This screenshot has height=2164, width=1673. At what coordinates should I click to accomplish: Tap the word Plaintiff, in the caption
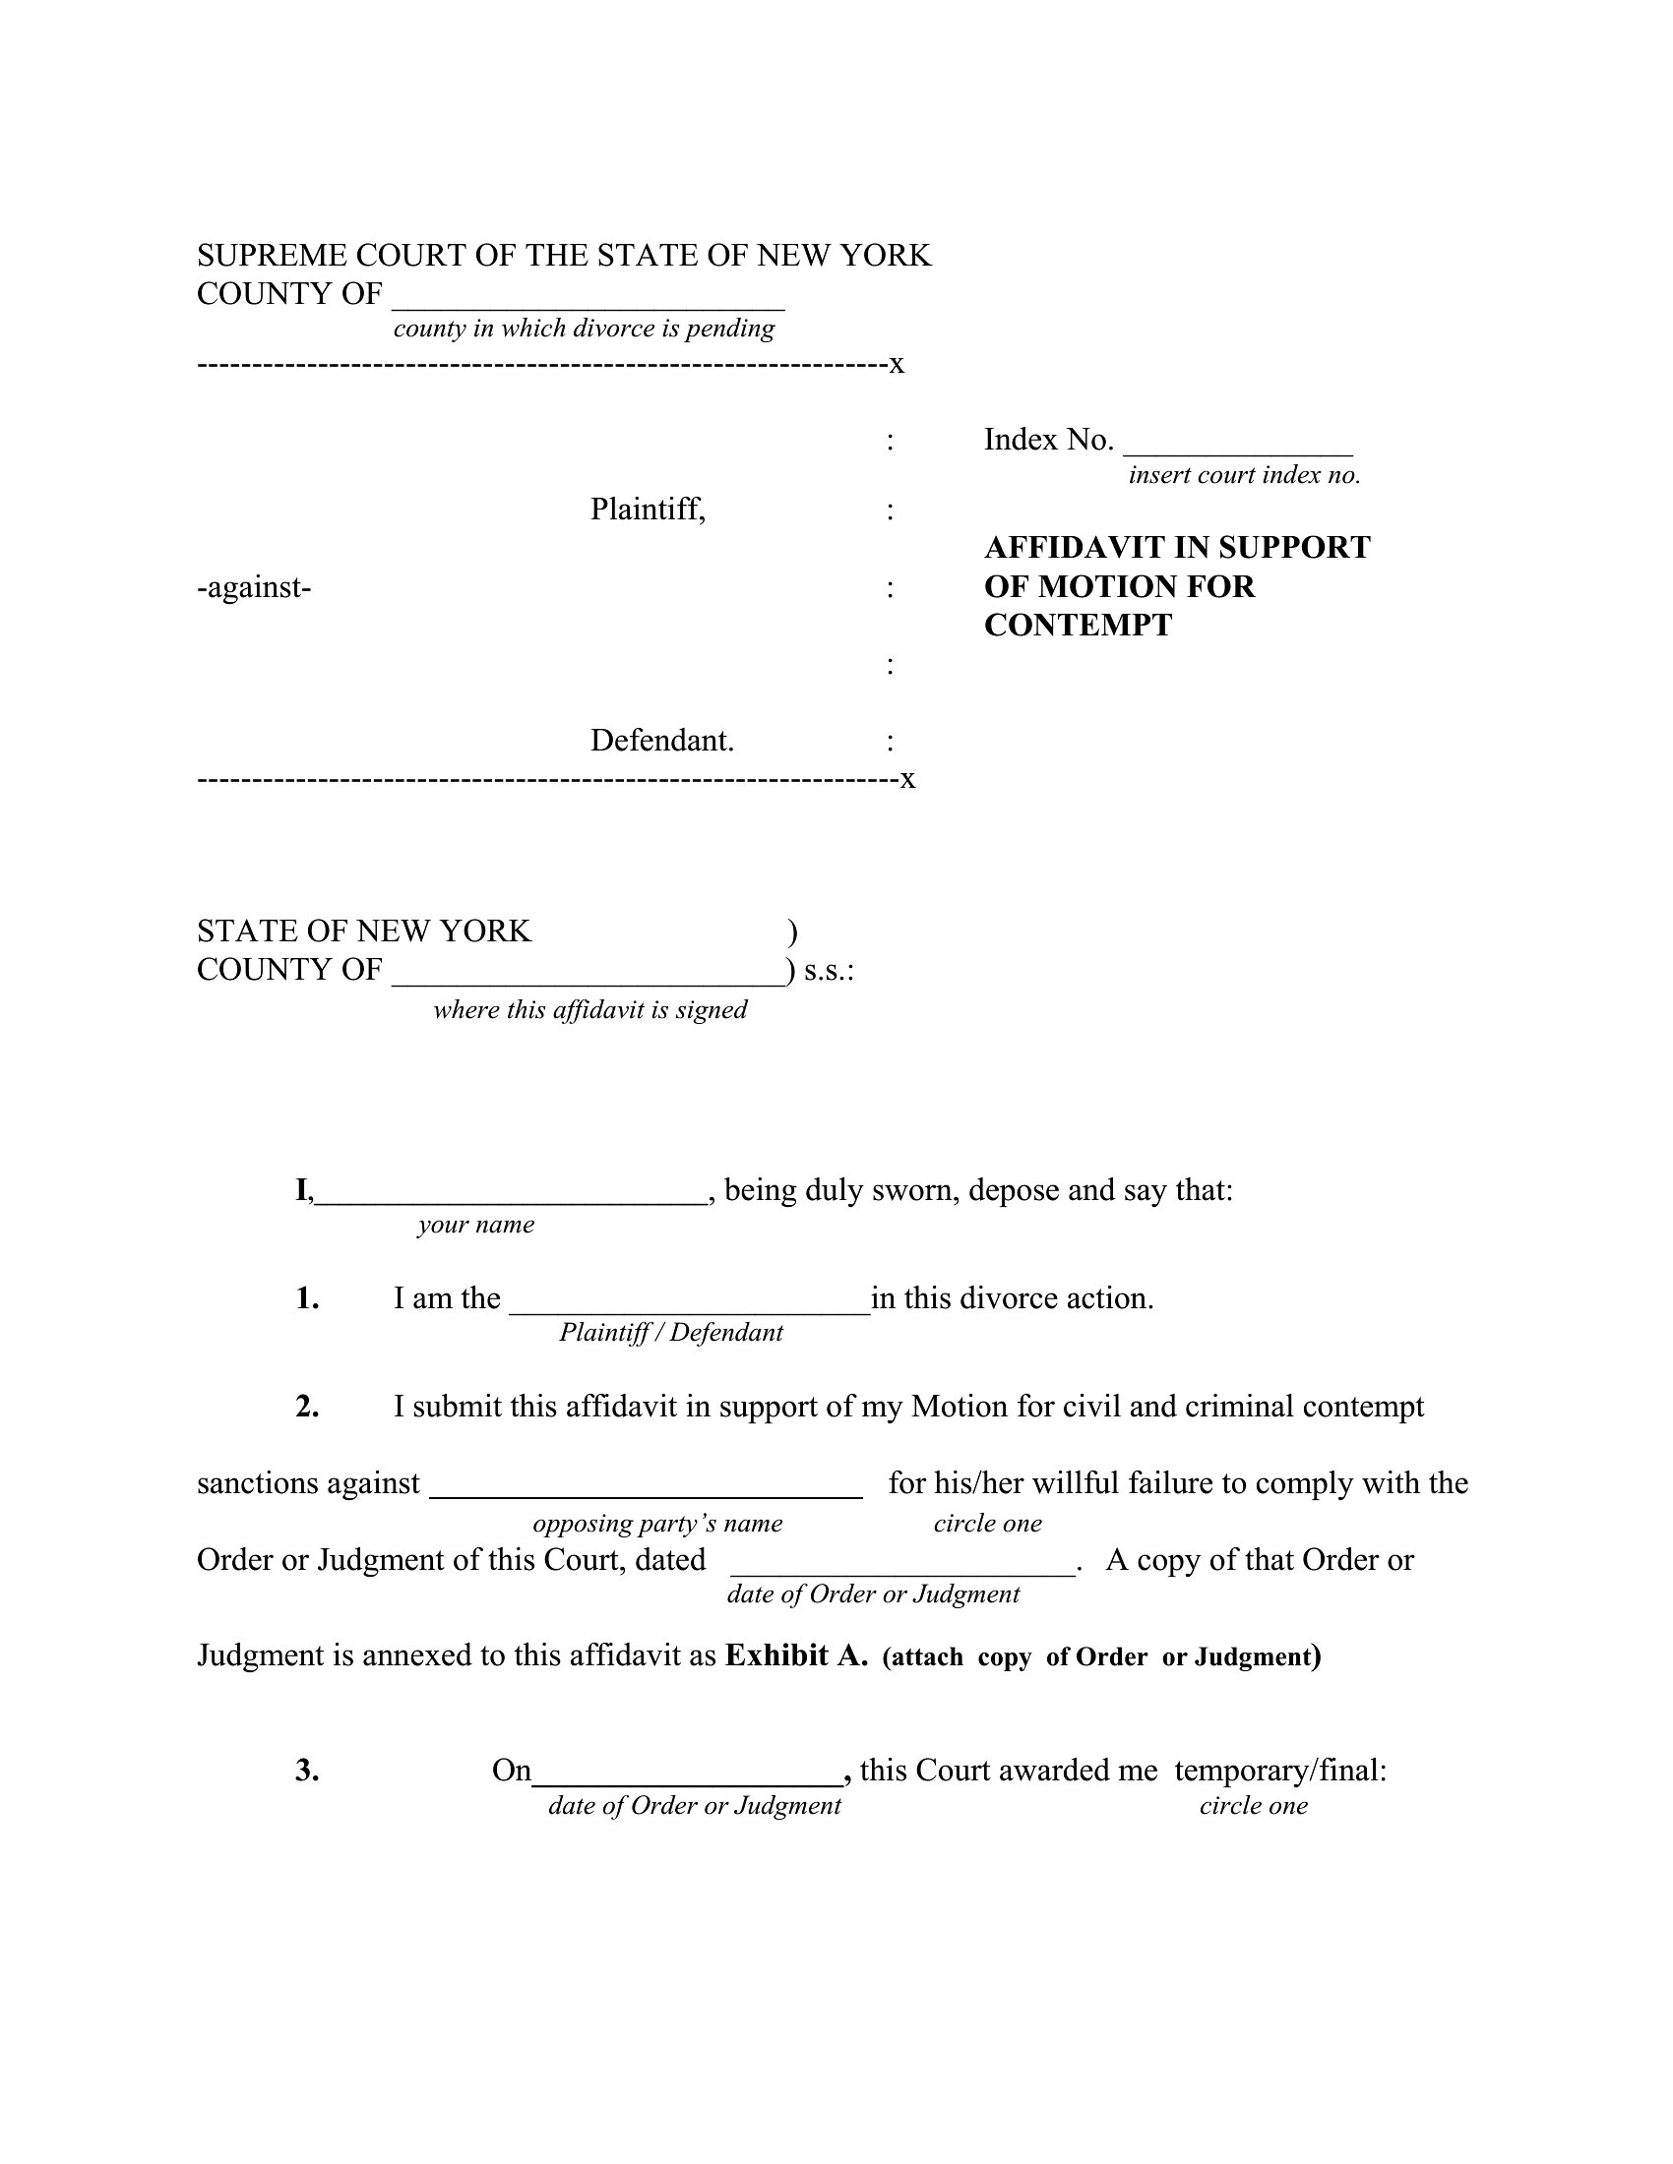pyautogui.click(x=648, y=510)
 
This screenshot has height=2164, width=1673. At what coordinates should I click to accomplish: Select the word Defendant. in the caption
pyautogui.click(x=662, y=740)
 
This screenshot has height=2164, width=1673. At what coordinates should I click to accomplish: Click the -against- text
pyautogui.click(x=254, y=587)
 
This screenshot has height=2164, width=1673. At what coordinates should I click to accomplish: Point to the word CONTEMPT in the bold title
pyautogui.click(x=1078, y=626)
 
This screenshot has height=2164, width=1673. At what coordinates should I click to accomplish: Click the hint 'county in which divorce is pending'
pyautogui.click(x=584, y=328)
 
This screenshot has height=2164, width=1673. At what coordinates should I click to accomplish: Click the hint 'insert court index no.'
pyautogui.click(x=1244, y=475)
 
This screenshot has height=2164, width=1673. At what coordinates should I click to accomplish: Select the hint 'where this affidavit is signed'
pyautogui.click(x=589, y=1009)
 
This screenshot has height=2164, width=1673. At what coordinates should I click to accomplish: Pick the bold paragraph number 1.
pyautogui.click(x=307, y=1298)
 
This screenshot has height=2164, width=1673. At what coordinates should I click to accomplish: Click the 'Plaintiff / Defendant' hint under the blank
pyautogui.click(x=671, y=1333)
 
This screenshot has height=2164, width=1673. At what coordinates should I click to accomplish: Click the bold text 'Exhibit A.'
pyautogui.click(x=796, y=1655)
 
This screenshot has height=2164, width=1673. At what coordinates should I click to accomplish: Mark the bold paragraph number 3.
pyautogui.click(x=307, y=1771)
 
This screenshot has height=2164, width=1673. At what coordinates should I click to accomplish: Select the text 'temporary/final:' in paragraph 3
pyautogui.click(x=1279, y=1771)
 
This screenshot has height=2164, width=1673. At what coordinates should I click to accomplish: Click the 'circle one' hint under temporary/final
pyautogui.click(x=1253, y=1805)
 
